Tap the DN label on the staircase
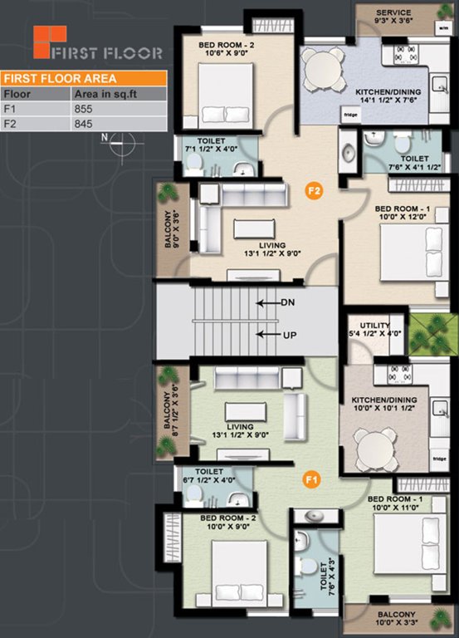(288, 303)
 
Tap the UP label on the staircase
(288, 334)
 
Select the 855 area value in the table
(86, 109)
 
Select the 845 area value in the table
(86, 125)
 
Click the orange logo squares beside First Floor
(48, 42)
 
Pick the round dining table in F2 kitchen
(322, 71)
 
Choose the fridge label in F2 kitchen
(350, 115)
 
